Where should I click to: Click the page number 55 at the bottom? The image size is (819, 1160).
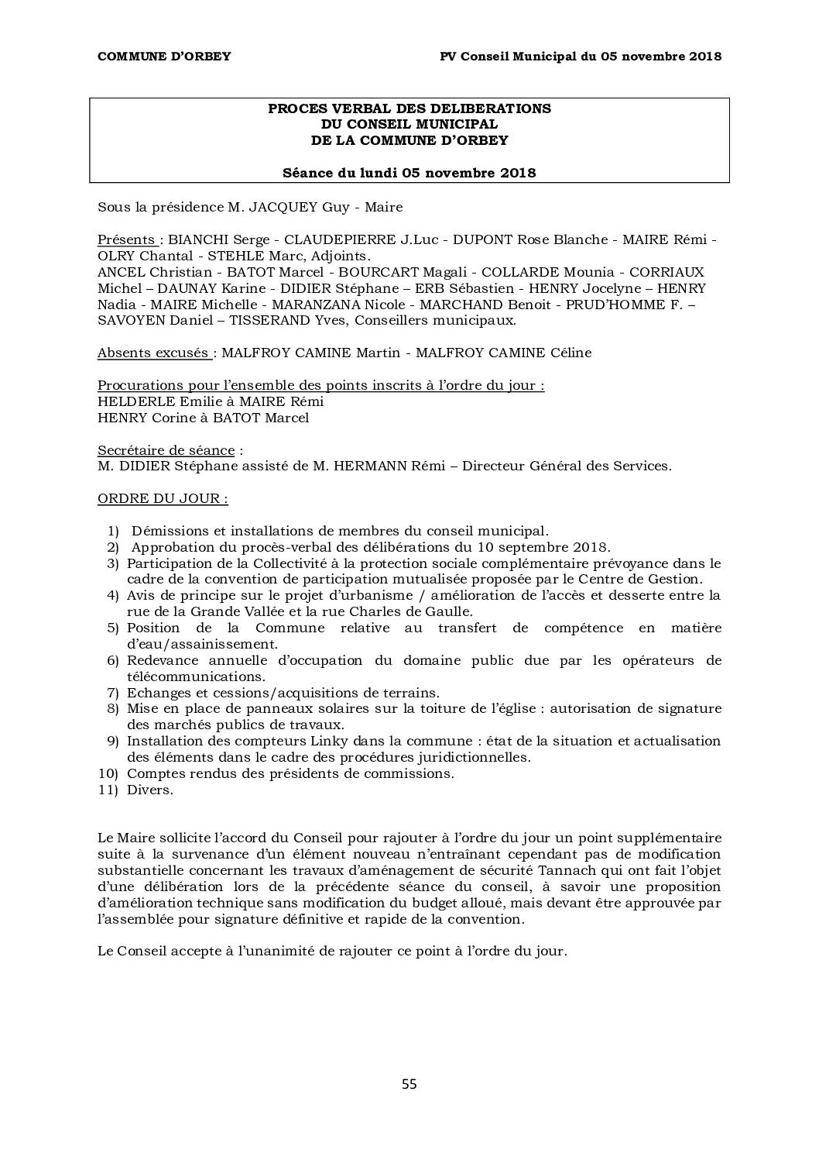coord(409,1084)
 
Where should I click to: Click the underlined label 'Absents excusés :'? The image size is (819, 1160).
coord(157,353)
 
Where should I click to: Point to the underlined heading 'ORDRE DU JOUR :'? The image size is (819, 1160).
coord(163,498)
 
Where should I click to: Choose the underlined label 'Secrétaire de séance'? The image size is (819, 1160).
coord(166,450)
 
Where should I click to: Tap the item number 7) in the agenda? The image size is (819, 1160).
coord(112,693)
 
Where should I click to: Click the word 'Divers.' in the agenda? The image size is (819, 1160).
coord(150,790)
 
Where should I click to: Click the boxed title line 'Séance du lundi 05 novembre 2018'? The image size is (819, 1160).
coord(409,173)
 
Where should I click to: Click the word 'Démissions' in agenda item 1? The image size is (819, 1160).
coord(169,531)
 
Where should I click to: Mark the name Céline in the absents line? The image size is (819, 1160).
coord(571,353)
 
